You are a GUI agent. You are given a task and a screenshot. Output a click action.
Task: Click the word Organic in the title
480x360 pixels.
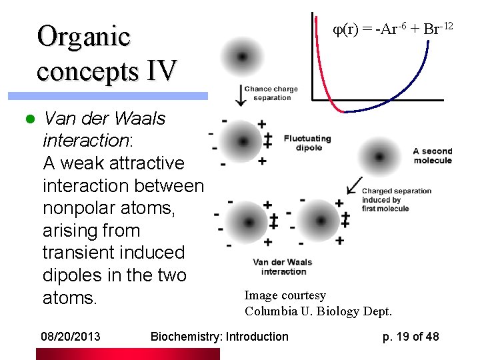coord(83,37)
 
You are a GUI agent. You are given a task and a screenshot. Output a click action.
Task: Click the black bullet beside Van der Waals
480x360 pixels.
coord(29,120)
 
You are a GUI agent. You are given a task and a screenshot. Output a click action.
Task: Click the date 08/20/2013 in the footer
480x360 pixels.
coord(70,337)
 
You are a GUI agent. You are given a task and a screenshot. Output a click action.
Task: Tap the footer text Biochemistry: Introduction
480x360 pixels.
coord(219,337)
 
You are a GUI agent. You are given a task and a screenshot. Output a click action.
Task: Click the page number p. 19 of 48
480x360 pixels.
coord(411,337)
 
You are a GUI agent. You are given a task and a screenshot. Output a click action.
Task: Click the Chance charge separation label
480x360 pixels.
coord(271,93)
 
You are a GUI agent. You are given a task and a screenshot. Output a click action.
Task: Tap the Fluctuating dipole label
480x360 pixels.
coord(307,143)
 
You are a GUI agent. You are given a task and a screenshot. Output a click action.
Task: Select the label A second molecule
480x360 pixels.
coord(432,156)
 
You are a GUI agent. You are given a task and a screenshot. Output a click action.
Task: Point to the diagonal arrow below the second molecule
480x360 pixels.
coord(354,186)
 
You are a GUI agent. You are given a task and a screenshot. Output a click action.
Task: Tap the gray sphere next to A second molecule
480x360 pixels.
coord(379,157)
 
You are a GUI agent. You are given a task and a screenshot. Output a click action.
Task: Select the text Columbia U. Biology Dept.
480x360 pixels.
coord(318,311)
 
